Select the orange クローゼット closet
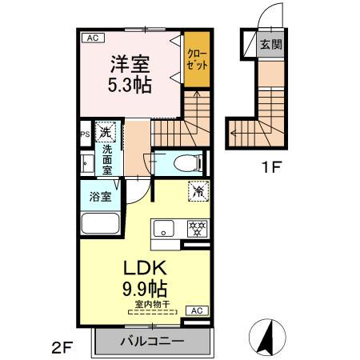tap(196, 60)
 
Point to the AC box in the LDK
tap(196, 310)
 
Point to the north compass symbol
tap(271, 334)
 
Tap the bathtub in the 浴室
tap(100, 225)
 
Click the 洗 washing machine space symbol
tap(106, 133)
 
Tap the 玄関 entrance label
tap(270, 45)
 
